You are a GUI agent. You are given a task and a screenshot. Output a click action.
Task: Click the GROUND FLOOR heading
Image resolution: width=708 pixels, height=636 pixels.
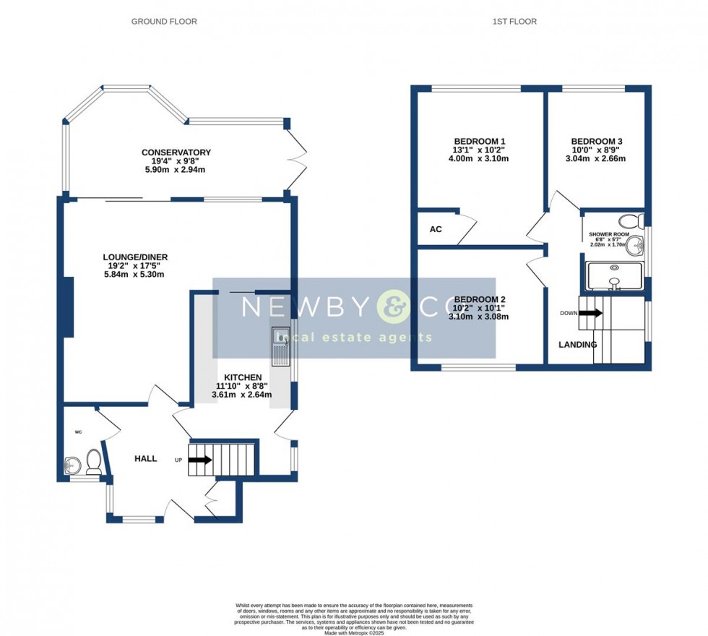coord(164,22)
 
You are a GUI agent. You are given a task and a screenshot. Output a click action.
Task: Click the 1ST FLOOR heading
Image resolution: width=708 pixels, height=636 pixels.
coord(514,22)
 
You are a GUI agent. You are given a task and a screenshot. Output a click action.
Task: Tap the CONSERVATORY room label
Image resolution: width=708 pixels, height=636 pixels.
coord(176,152)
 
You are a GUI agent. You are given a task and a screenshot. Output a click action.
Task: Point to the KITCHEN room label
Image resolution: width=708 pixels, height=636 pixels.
coord(243,377)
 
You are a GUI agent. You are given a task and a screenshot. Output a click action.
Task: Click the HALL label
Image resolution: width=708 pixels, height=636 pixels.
coord(146,458)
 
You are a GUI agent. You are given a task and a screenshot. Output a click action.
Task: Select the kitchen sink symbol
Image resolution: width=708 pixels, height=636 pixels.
coord(280,346)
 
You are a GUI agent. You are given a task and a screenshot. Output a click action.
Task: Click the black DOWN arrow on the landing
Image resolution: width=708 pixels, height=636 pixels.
coord(590,313)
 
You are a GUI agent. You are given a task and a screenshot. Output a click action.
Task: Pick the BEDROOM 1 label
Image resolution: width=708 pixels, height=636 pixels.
coord(480,141)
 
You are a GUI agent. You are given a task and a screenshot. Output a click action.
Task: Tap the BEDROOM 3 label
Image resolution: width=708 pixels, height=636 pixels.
coord(596,142)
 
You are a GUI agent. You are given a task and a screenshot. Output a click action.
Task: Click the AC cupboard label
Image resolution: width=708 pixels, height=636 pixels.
coord(436,229)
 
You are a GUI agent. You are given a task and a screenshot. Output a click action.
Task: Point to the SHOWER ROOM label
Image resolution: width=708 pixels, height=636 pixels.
coord(608,235)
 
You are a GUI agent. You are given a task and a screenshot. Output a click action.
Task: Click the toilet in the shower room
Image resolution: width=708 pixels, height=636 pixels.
coord(633,220)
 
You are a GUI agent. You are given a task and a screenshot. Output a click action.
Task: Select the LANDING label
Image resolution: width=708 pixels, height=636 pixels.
coord(577,345)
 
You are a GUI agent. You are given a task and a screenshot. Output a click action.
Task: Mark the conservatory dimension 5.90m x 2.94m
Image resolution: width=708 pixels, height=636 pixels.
coord(176,170)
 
